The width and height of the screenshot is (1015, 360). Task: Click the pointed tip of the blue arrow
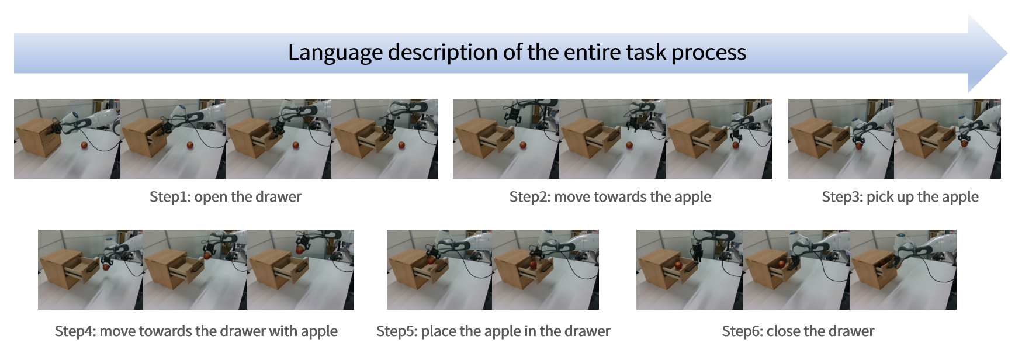(x=1007, y=54)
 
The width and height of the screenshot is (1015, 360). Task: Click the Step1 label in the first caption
(x=169, y=197)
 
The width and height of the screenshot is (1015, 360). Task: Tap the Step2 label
(x=529, y=197)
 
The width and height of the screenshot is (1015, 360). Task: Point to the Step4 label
(x=75, y=331)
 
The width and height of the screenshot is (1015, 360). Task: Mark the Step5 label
(x=396, y=331)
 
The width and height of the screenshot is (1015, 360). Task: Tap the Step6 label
(x=742, y=331)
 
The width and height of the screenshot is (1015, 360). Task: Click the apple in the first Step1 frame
(x=85, y=144)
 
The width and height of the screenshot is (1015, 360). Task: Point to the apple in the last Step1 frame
(x=401, y=145)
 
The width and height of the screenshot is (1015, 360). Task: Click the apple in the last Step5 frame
(x=532, y=265)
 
